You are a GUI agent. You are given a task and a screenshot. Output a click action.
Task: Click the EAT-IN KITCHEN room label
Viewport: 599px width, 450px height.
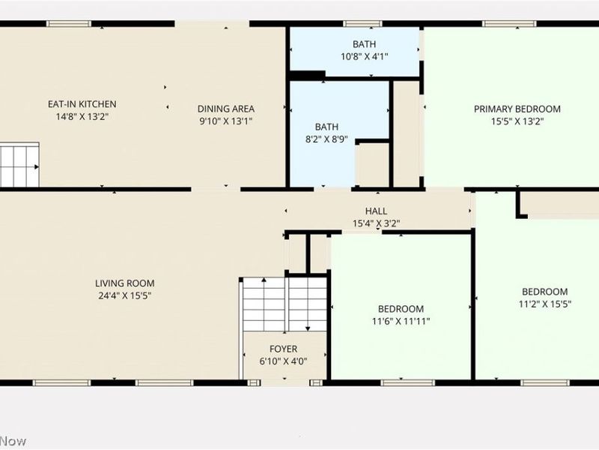coord(82,104)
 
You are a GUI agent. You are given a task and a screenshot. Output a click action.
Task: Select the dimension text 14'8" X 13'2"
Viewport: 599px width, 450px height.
coord(82,116)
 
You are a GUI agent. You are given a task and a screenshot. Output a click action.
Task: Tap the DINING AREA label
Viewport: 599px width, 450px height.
coord(226,108)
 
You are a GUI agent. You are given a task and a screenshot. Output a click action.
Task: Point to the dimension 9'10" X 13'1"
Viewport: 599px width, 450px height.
coord(226,120)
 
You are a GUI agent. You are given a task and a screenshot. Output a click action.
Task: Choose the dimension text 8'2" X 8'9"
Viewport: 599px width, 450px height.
coord(326,139)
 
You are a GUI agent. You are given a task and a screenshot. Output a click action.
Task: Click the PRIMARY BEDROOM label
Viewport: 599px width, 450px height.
coord(517,109)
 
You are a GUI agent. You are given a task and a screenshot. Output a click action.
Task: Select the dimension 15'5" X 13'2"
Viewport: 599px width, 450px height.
coord(517,121)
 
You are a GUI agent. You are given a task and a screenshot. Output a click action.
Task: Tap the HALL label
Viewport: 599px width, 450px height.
coord(376,211)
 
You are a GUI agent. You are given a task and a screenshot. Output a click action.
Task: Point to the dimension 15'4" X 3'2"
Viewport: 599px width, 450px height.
coord(376,223)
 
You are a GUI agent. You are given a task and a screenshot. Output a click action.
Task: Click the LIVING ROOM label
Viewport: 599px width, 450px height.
coord(124,283)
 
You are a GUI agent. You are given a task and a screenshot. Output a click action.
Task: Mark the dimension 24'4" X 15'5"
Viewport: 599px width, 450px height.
coord(124,295)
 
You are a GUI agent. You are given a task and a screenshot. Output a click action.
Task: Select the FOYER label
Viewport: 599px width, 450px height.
coord(283,349)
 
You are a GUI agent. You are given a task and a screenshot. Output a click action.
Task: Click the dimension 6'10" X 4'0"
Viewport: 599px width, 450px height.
coord(283,361)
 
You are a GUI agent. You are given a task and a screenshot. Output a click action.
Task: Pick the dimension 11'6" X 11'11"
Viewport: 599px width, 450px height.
coord(401,321)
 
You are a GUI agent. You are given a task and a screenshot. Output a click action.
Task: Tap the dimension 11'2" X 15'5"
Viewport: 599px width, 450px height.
coord(544,304)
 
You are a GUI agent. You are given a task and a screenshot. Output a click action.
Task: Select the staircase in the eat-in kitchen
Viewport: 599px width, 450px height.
coord(19,163)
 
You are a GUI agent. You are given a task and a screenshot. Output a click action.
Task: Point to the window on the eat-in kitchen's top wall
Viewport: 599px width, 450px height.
coord(69,23)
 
